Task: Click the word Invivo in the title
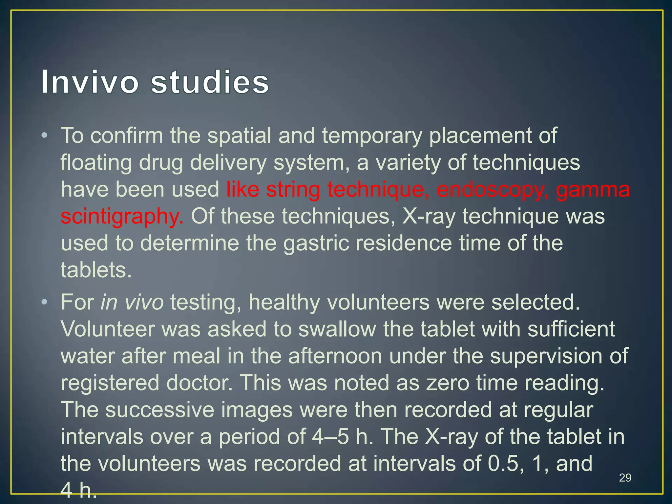pos(90,82)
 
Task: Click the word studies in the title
pos(210,82)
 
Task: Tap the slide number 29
pos(625,478)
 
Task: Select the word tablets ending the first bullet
pos(96,270)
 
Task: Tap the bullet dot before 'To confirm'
pos(45,136)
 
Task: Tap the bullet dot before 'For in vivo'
pos(45,302)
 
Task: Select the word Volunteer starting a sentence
pos(108,329)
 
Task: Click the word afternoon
pos(335,356)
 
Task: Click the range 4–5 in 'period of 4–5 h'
pos(330,437)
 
